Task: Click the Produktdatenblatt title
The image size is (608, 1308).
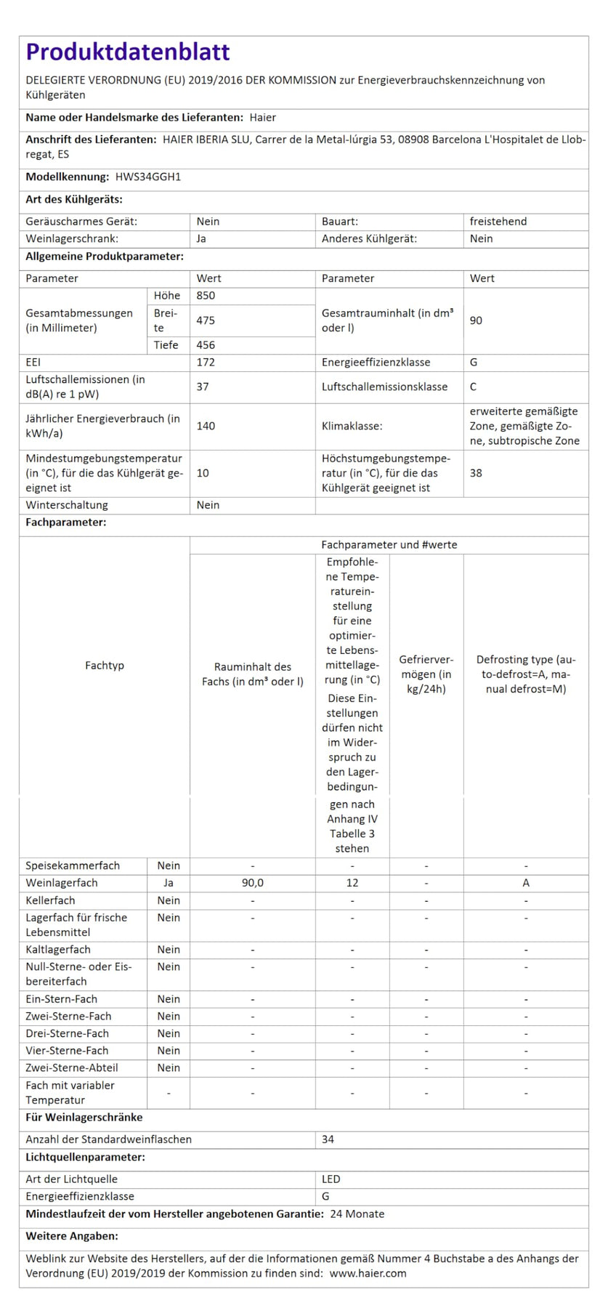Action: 128,52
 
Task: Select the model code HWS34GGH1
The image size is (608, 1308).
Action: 148,177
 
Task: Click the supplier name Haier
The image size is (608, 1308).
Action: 262,117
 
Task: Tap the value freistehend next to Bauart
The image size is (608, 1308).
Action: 498,221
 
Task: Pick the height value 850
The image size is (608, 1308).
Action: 206,296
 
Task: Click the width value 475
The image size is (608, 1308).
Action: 206,320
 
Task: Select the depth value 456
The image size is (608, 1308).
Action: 206,345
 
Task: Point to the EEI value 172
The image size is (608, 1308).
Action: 206,362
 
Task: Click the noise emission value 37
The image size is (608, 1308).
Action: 203,387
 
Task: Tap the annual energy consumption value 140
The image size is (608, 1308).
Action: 206,426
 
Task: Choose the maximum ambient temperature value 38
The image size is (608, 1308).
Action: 476,473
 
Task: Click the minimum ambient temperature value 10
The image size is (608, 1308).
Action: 203,473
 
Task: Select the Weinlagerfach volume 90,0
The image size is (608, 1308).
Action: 253,883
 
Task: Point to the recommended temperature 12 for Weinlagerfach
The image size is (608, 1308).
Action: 352,883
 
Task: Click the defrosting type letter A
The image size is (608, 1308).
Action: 526,883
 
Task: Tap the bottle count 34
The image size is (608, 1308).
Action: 328,1139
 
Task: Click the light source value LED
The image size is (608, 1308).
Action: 331,1179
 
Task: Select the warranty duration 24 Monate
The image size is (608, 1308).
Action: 357,1214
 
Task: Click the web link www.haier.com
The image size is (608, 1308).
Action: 368,1273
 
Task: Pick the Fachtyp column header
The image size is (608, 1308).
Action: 105,665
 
